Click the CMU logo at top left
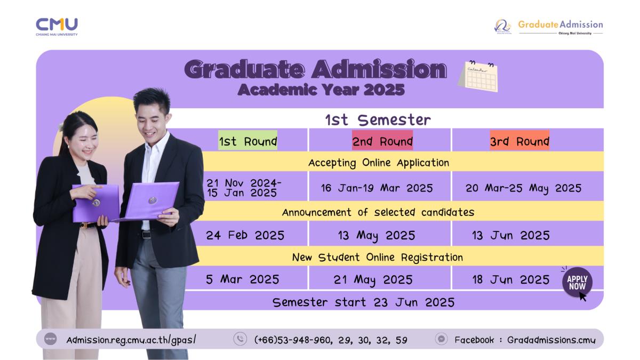point(57,27)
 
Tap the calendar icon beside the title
point(478,76)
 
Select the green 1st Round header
point(247,140)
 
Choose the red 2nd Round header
point(382,140)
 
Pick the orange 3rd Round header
point(519,140)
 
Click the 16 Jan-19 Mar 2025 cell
point(377,188)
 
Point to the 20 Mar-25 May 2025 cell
point(523,188)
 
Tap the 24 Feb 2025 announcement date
point(245,235)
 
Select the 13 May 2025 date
point(377,236)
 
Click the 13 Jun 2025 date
point(511,236)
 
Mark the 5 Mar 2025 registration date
point(242,279)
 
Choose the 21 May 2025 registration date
point(373,280)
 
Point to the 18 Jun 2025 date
point(511,279)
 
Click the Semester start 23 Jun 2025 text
point(363,302)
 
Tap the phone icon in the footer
point(241,339)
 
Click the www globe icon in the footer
point(51,339)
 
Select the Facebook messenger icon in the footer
point(442,339)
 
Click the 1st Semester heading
point(378,119)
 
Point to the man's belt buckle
point(146,235)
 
